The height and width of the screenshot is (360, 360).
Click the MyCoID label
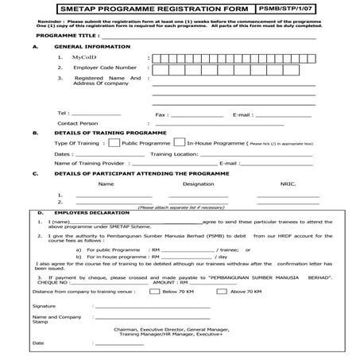point(83,58)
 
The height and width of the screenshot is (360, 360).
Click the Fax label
point(161,114)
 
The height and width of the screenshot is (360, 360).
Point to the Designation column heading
point(198,184)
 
